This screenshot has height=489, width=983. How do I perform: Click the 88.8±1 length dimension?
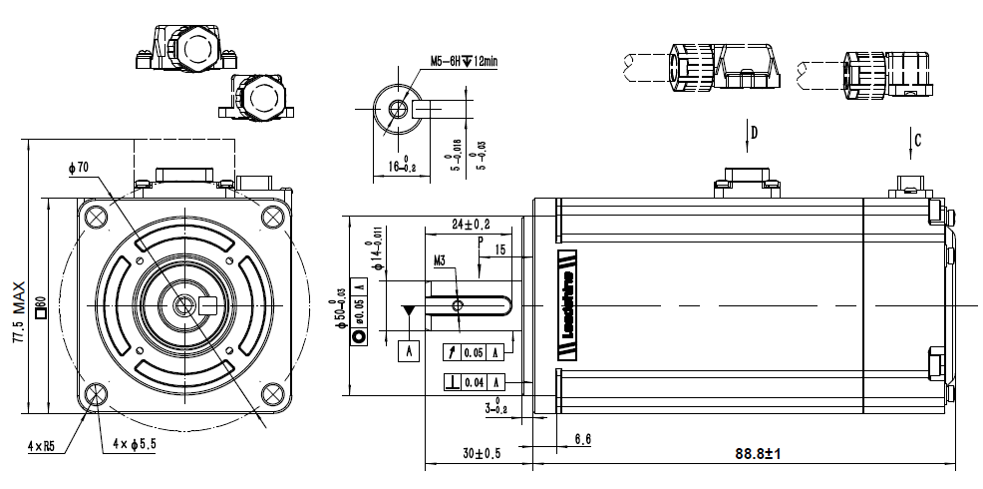coord(757,454)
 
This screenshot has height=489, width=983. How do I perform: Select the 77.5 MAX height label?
coord(17,312)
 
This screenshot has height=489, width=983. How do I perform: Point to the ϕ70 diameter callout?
coord(79,168)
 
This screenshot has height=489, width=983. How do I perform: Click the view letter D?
coord(754,132)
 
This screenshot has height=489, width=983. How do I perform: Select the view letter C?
coord(917,140)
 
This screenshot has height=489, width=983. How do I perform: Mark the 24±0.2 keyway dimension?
coord(471,224)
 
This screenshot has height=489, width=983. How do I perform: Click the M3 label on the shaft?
coord(440,261)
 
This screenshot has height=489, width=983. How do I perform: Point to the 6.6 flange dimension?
coord(584,439)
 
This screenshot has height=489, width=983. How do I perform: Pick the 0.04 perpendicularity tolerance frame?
coord(474,382)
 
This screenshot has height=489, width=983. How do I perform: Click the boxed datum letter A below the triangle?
coord(409,350)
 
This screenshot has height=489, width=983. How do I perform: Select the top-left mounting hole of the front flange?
coord(95,217)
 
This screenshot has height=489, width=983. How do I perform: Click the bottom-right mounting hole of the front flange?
coord(273,392)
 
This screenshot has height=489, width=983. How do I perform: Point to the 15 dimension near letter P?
coord(499,248)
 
